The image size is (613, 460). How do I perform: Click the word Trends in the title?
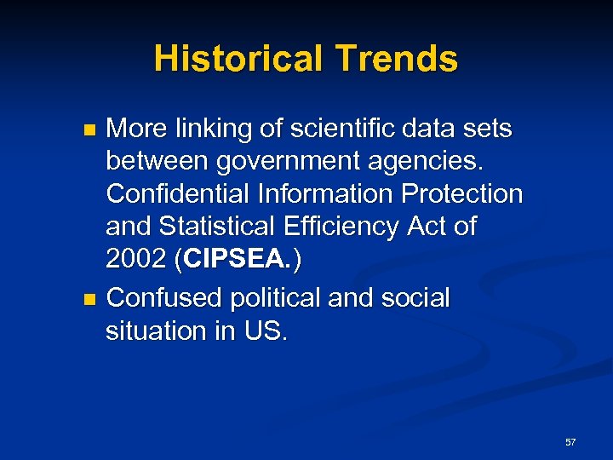(397, 59)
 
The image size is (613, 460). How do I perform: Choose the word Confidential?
(178, 194)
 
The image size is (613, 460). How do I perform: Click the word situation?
(158, 331)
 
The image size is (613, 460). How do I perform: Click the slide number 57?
(570, 442)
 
